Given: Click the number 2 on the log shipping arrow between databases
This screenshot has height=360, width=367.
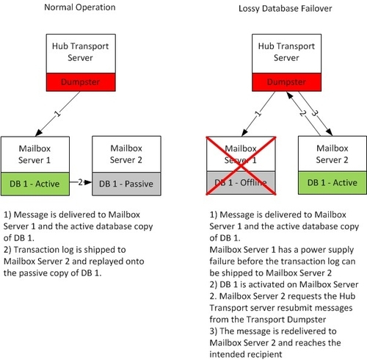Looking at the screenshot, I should click(x=80, y=182).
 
